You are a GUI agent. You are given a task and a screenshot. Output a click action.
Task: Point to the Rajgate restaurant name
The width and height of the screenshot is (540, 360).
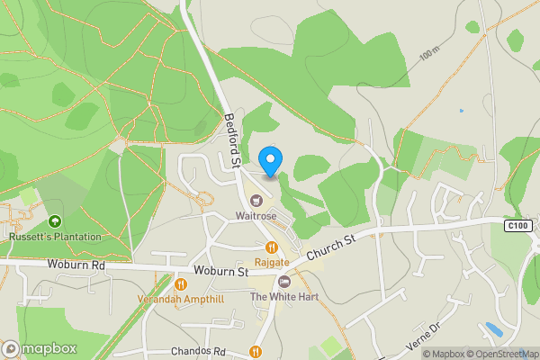(x=271, y=262)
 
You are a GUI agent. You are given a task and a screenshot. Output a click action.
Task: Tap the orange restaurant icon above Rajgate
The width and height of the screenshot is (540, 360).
(x=271, y=246)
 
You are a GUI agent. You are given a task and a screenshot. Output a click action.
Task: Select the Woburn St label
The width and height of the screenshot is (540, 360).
(x=220, y=271)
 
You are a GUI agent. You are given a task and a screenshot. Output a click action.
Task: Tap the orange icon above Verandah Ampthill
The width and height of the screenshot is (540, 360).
(x=180, y=283)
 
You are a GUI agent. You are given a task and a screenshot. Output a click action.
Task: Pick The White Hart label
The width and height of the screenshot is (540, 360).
(x=283, y=297)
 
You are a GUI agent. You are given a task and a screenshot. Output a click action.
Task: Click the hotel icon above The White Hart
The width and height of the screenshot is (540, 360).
(x=284, y=282)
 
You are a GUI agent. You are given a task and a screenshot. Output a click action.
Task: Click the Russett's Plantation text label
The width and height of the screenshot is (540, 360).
(x=55, y=237)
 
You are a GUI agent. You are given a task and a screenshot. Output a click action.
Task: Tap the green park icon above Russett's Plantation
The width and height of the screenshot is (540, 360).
(x=55, y=220)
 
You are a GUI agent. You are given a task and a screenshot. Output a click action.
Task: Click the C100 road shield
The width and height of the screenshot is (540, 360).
(x=516, y=225)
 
